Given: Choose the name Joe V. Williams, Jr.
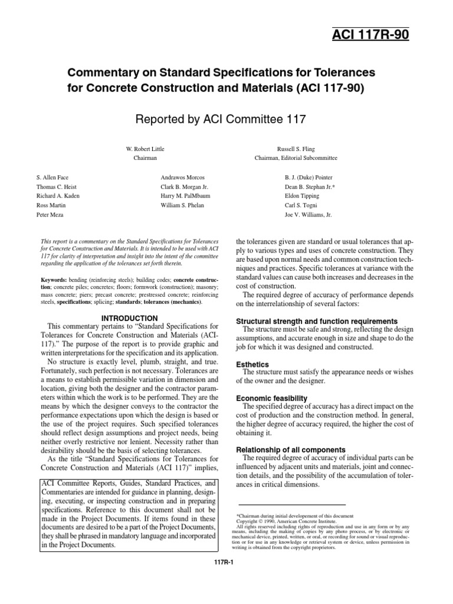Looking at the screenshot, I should (x=308, y=215).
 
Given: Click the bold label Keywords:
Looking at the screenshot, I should (x=51, y=278).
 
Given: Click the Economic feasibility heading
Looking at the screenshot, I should (x=271, y=399).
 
